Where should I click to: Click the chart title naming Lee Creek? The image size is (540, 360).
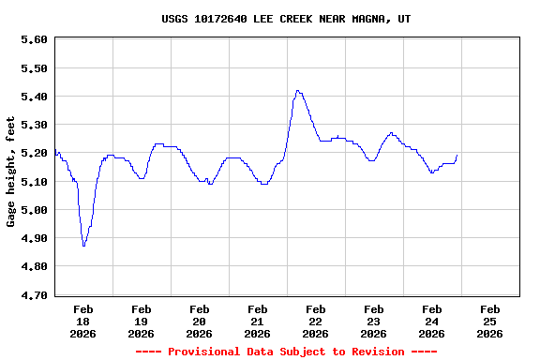pos(285,19)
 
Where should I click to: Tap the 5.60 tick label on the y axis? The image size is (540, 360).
pos(34,39)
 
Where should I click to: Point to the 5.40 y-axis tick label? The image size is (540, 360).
pos(34,97)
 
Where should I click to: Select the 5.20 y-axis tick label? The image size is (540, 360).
pos(34,153)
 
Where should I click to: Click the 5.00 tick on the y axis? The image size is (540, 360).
pos(34,210)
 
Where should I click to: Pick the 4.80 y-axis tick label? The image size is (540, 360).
pos(34,266)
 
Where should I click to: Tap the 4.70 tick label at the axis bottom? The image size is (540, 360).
pos(34,295)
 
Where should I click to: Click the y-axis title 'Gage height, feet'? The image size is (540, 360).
pos(11,172)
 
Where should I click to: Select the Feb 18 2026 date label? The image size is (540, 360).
pos(83,321)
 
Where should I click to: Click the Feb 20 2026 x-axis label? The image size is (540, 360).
pos(200,321)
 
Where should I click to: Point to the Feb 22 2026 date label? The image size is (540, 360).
pos(316,321)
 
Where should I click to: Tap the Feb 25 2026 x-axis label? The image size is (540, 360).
pos(489,321)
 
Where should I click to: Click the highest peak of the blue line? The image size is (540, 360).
pos(298,91)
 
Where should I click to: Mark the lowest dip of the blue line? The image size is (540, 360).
pos(83,245)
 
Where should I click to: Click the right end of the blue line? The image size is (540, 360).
pos(457,156)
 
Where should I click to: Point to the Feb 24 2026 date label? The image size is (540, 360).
pos(431,321)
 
